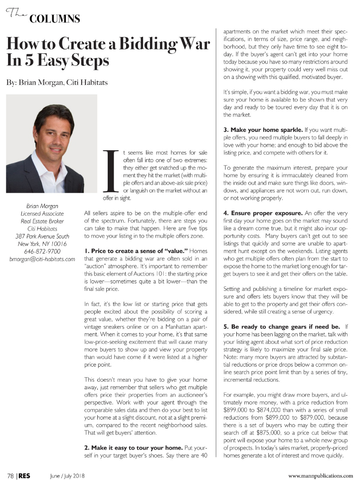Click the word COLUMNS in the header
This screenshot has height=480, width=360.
click(55, 19)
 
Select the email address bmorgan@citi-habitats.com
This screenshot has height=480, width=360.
click(42, 259)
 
